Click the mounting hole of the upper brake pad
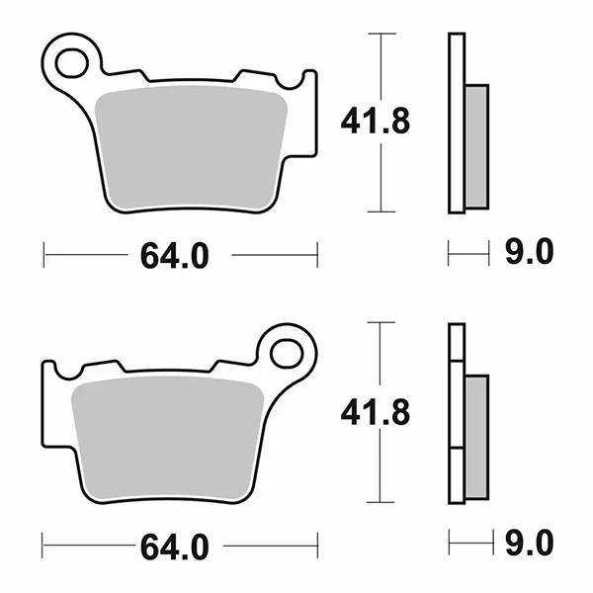(x=71, y=63)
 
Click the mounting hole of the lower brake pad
(x=287, y=354)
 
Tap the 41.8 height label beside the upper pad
(x=376, y=122)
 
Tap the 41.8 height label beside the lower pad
(x=376, y=412)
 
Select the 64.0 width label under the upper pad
(x=174, y=256)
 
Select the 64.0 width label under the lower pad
(x=174, y=547)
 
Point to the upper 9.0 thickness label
(x=530, y=251)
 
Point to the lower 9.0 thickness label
(x=530, y=543)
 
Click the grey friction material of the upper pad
(x=190, y=147)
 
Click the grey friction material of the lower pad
(x=168, y=438)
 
